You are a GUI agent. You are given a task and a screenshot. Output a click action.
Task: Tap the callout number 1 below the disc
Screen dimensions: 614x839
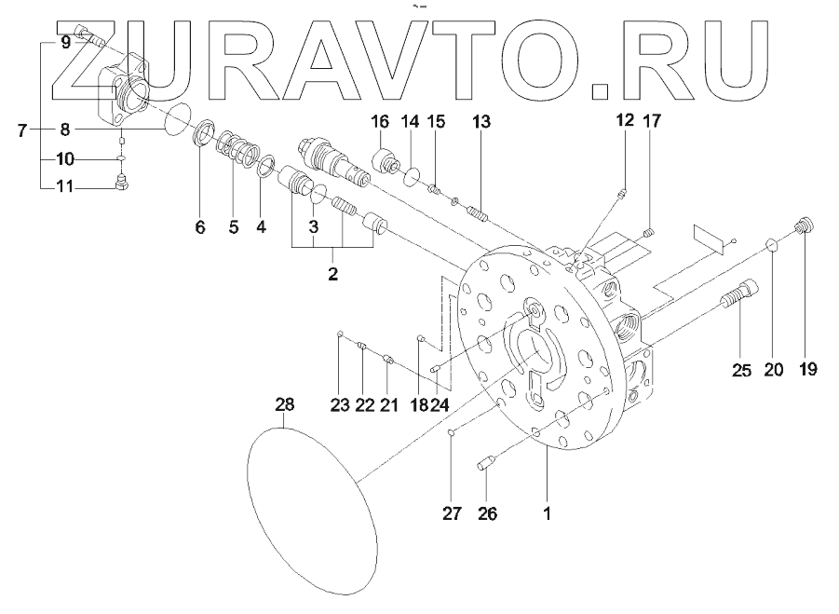click(x=548, y=512)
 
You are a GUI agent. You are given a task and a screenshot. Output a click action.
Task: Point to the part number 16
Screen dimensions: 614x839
click(x=380, y=122)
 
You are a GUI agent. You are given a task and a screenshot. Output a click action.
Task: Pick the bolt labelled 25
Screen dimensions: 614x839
click(x=739, y=303)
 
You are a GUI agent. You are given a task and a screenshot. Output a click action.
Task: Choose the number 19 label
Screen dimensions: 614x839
click(x=807, y=370)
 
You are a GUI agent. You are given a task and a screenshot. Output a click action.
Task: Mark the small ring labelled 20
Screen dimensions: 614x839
click(x=772, y=244)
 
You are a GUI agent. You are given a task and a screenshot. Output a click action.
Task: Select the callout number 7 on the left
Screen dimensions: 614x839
click(x=22, y=130)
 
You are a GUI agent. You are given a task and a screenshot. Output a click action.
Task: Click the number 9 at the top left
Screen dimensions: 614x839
click(x=65, y=42)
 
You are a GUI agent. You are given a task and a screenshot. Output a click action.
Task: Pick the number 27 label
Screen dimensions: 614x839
click(x=451, y=512)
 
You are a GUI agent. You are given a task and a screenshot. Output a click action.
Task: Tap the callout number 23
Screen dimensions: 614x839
click(x=339, y=404)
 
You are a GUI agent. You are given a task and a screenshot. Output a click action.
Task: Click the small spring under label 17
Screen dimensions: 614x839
click(x=651, y=232)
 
